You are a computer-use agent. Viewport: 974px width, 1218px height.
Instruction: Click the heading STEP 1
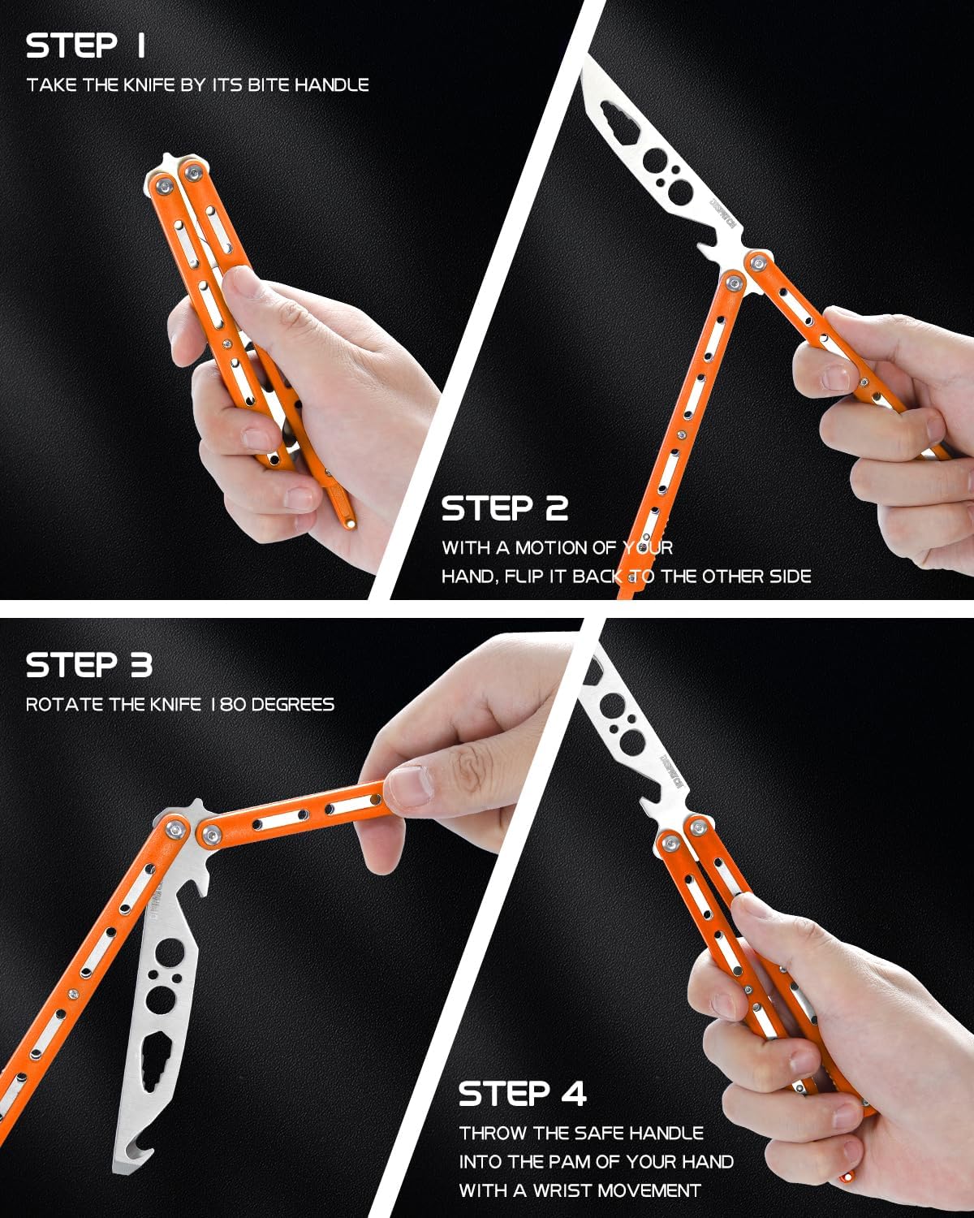click(85, 45)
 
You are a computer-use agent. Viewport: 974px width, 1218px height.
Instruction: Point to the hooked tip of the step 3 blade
click(127, 1161)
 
